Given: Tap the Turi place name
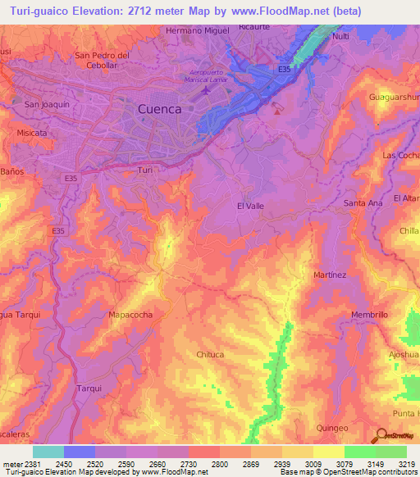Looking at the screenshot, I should [145, 170].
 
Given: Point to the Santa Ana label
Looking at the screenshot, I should [363, 202].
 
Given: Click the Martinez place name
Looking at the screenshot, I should [331, 275].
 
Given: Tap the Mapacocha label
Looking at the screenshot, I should [131, 314].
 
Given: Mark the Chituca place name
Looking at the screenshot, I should [211, 354].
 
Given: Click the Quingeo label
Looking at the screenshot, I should [332, 428].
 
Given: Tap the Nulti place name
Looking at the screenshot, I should [341, 38].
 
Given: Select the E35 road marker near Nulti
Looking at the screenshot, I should [285, 70].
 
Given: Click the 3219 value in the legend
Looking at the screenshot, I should [406, 464].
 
